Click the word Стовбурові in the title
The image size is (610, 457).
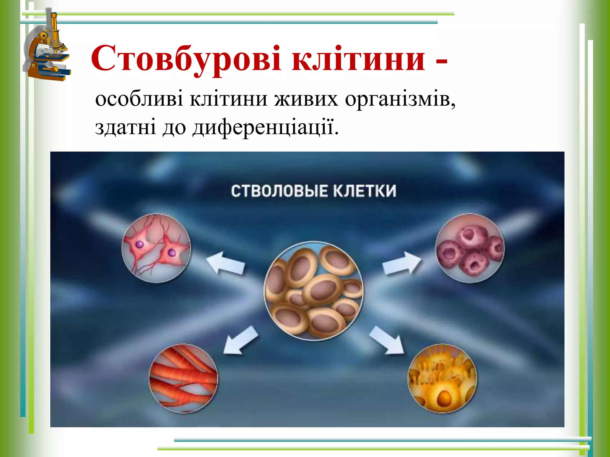[x=186, y=58]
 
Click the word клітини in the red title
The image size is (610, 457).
[x=359, y=58]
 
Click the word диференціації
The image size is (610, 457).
[x=265, y=127]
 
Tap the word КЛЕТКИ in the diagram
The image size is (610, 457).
[x=364, y=191]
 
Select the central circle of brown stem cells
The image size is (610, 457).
[x=314, y=291]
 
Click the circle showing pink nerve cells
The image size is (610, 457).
[x=156, y=248]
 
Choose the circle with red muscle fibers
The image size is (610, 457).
[x=183, y=378]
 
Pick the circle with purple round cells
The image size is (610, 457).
[x=470, y=248]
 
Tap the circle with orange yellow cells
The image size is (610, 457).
[x=442, y=378]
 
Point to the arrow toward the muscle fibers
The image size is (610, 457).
[x=241, y=340]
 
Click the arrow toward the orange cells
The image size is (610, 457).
[x=387, y=340]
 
